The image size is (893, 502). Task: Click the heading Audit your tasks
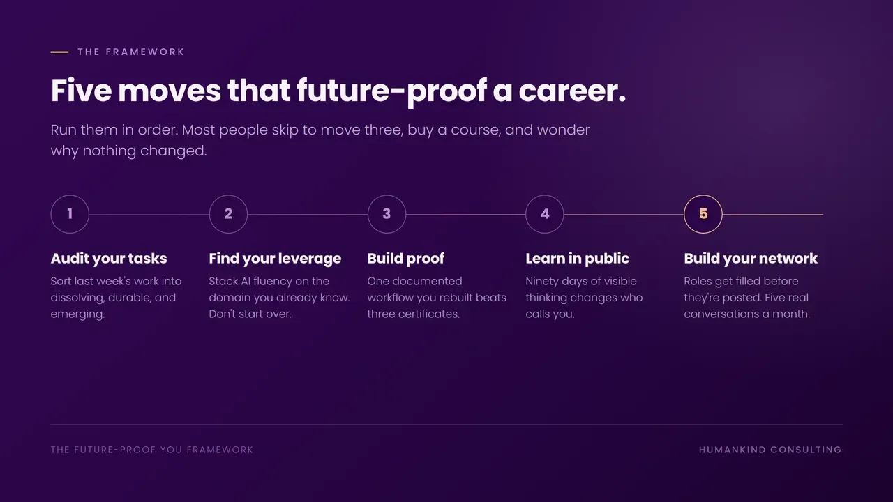(x=109, y=259)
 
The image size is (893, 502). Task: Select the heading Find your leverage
(x=275, y=259)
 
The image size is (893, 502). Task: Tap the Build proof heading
(x=406, y=259)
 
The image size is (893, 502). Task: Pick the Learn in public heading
(x=577, y=259)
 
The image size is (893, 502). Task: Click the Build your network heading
(x=751, y=259)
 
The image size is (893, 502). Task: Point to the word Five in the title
(x=82, y=91)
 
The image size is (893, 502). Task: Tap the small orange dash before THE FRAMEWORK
(x=59, y=52)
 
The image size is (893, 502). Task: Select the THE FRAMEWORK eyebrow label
(x=130, y=52)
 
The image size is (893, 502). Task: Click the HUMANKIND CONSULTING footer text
(x=770, y=450)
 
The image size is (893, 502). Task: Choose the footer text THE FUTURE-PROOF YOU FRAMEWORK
(x=152, y=450)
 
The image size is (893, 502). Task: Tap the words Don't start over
(x=250, y=314)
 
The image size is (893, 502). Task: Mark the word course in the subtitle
(x=476, y=130)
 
